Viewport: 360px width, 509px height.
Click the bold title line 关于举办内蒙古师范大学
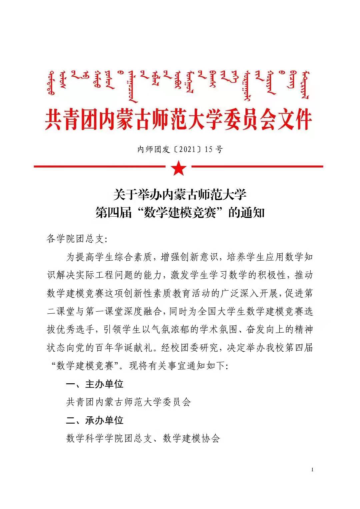(x=180, y=194)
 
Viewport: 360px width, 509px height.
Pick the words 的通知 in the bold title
(x=246, y=212)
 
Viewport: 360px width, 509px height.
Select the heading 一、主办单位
(x=95, y=384)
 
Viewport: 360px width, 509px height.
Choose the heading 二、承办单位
(x=95, y=420)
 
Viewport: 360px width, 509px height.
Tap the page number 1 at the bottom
(x=312, y=470)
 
